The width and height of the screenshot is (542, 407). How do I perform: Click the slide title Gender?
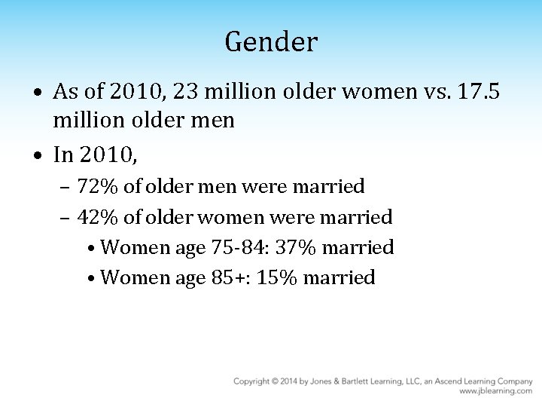point(271,42)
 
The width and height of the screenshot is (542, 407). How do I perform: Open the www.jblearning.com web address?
point(496,392)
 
